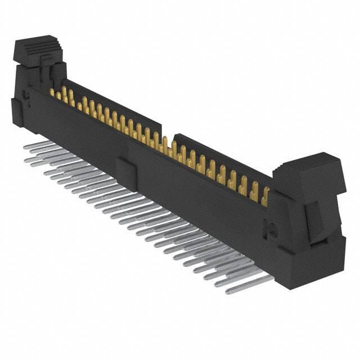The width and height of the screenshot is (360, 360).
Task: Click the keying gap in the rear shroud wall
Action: (167, 134)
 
